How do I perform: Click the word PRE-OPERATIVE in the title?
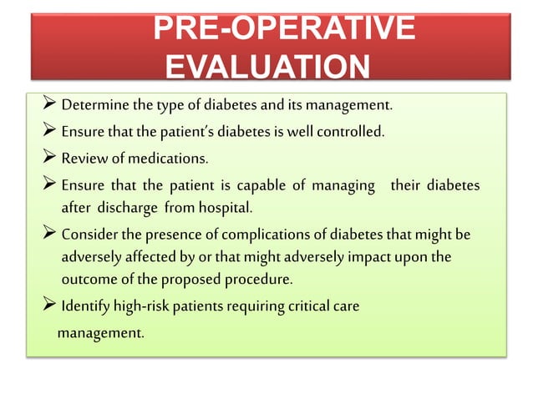click(x=285, y=29)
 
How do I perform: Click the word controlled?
click(x=347, y=131)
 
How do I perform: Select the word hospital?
click(x=214, y=206)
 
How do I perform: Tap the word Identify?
click(x=86, y=306)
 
